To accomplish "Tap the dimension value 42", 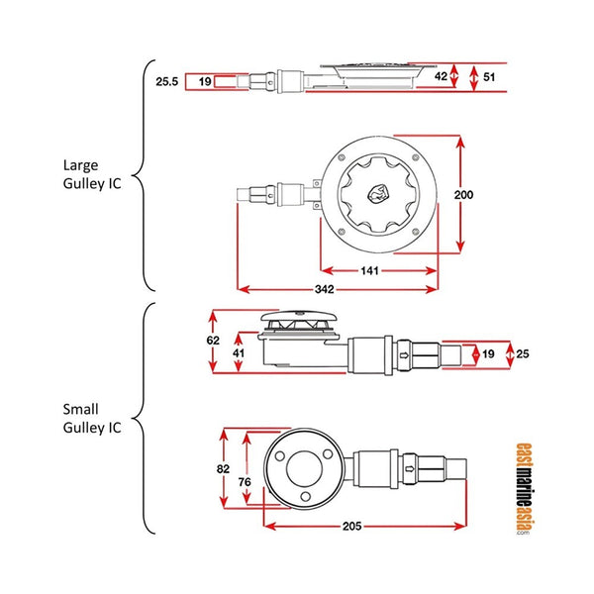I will [441, 74].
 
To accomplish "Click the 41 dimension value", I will [239, 351].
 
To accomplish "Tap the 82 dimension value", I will [225, 468].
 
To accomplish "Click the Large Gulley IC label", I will [92, 175].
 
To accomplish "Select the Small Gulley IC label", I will [92, 417].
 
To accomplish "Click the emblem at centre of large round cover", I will [380, 194].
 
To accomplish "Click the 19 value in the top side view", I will [205, 82].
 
